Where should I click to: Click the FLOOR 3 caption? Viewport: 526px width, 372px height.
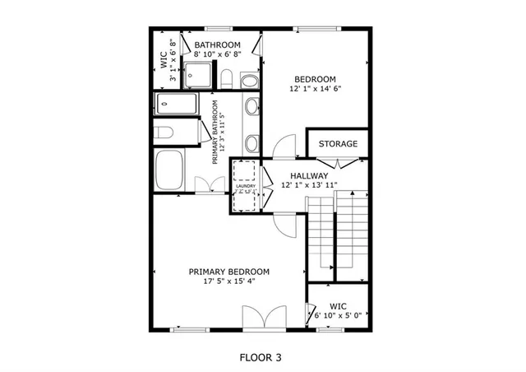point(261,358)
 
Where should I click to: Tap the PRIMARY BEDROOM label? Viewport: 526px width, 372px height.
point(229,272)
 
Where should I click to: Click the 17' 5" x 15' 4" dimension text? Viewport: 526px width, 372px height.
point(229,282)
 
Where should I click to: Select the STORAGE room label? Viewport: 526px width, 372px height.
point(338,144)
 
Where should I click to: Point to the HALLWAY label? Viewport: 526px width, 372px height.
point(309,175)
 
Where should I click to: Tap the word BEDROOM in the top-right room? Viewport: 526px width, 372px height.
point(316,79)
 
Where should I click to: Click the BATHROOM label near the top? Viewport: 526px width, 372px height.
point(217,44)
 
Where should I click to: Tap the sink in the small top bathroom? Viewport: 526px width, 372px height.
point(247,79)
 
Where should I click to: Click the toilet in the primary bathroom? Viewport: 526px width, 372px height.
point(164,133)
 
